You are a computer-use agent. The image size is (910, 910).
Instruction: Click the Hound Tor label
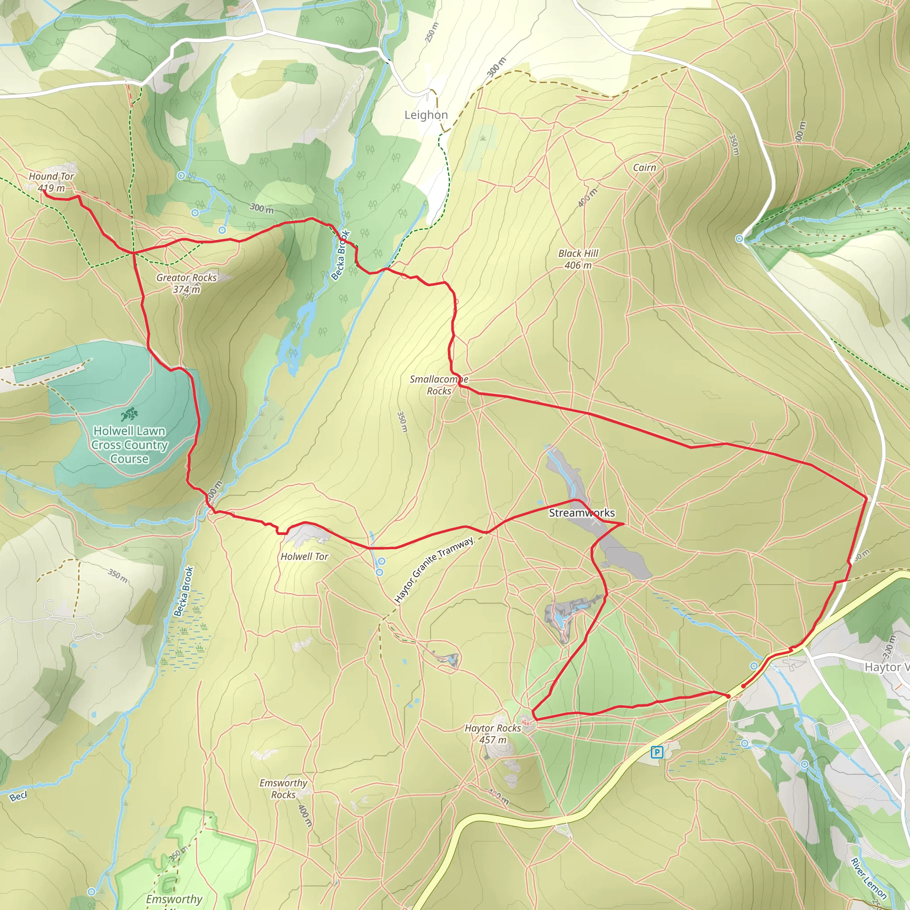tap(52, 176)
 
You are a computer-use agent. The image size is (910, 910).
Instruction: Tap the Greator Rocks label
tap(187, 277)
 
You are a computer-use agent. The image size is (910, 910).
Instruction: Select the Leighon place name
tap(426, 115)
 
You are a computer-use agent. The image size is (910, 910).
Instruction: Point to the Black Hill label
tap(578, 253)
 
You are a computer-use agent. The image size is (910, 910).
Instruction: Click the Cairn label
tap(644, 168)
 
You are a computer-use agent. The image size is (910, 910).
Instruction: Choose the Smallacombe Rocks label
tap(439, 385)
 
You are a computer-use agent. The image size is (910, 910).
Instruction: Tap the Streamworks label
tap(582, 513)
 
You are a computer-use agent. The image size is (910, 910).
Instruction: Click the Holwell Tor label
tap(304, 556)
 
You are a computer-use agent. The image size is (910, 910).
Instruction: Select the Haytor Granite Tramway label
tap(434, 570)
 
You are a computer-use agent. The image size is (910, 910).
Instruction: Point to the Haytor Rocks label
tap(493, 728)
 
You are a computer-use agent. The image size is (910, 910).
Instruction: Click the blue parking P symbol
tap(657, 752)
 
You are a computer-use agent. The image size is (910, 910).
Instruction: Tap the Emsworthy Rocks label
tap(283, 789)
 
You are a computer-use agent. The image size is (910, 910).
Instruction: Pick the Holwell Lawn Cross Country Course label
tap(130, 445)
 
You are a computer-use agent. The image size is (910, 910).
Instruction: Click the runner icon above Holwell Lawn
tap(128, 414)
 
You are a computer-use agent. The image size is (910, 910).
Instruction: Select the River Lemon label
tap(869, 878)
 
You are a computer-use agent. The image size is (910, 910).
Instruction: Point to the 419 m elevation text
tap(52, 188)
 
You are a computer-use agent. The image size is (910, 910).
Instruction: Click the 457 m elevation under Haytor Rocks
tap(493, 739)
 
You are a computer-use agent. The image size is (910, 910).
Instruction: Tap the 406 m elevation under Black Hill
tap(578, 265)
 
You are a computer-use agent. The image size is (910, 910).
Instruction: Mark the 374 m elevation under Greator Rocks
tap(187, 289)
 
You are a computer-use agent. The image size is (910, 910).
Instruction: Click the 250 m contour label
tap(431, 32)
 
